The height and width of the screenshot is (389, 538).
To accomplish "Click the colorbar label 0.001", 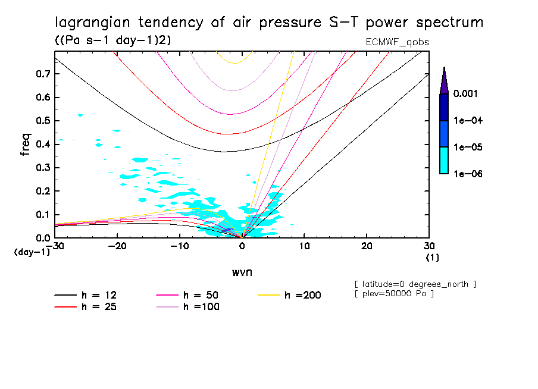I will click(x=468, y=94).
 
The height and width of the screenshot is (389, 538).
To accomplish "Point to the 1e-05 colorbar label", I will click(x=468, y=148).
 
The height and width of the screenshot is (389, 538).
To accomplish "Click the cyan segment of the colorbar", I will click(x=443, y=161).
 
